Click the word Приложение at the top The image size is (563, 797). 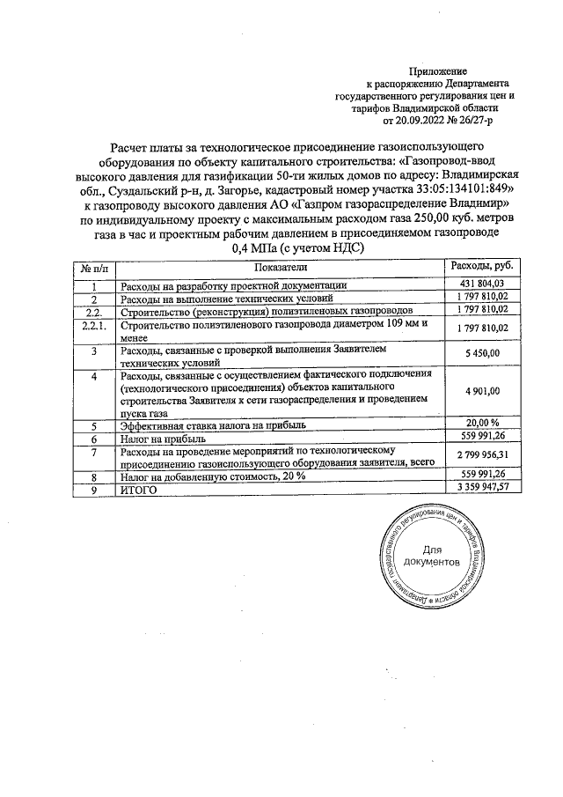(438, 70)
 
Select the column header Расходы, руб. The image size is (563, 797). (482, 266)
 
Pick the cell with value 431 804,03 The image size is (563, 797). (482, 284)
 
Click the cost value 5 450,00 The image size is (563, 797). (482, 353)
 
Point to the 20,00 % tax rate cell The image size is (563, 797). (482, 422)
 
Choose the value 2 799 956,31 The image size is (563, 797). (482, 454)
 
